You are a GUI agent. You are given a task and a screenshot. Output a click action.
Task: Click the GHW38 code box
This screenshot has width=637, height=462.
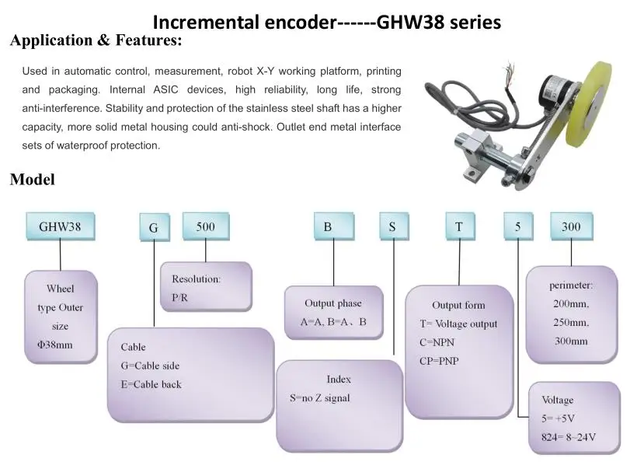60,227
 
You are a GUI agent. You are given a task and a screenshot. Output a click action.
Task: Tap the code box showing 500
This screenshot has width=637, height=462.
205,226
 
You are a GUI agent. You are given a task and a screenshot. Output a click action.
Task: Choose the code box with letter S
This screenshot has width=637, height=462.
393,227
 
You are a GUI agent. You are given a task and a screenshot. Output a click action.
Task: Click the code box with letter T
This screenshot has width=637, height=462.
459,227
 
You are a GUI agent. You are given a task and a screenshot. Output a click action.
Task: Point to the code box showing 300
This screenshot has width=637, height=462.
571,226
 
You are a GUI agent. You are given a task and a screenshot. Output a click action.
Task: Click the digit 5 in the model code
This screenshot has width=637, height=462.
517,227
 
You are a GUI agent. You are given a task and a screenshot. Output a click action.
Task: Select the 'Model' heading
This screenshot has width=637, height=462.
33,180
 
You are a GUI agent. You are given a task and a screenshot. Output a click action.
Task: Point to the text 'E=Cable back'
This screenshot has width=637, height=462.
151,384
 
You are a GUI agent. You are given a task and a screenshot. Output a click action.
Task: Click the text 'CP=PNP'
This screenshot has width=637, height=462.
440,361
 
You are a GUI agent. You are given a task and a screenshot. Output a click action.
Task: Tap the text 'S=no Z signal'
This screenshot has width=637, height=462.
319,398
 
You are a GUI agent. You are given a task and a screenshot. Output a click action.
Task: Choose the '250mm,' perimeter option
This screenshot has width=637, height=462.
572,322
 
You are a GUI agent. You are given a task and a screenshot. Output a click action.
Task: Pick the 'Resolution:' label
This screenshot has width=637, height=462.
196,278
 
